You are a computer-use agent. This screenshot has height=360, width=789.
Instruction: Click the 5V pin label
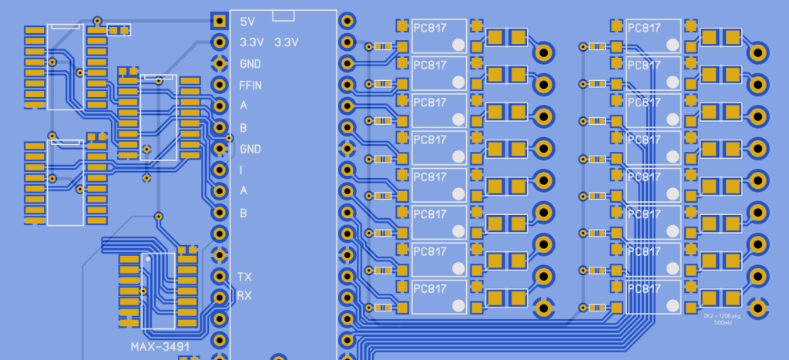tap(247, 21)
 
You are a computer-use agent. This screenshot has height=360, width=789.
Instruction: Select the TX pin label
tap(244, 276)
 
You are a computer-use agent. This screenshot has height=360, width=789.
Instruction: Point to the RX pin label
tap(244, 296)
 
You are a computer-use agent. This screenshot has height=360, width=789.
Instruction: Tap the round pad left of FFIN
tap(220, 84)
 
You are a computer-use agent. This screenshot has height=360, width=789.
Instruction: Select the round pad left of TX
tap(220, 276)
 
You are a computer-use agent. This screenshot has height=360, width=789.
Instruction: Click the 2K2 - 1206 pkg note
tap(723, 316)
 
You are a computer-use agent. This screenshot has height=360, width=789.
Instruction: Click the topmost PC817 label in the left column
tap(430, 28)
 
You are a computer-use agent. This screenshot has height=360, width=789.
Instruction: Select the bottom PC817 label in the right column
tap(644, 288)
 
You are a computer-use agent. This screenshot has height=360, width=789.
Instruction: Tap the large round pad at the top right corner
tap(758, 52)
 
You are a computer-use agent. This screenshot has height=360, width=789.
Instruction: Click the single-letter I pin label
tap(242, 170)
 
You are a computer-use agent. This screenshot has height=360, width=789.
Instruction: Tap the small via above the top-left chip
tap(97, 20)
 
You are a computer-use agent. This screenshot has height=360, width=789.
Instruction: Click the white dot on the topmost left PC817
tap(458, 45)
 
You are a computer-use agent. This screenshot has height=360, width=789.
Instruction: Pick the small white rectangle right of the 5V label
tap(284, 15)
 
